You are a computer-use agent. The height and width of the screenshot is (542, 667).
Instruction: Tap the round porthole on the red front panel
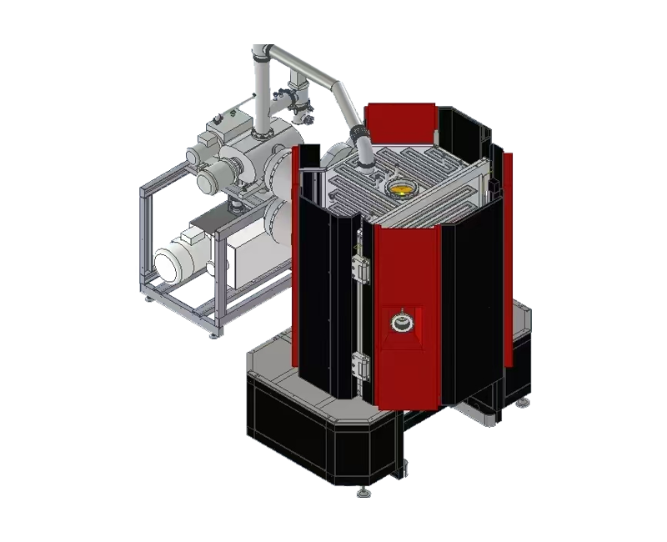click(401, 319)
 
